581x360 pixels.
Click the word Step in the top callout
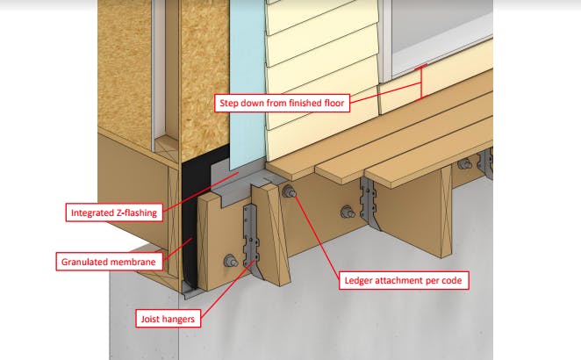click(x=229, y=103)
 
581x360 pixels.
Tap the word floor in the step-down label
click(x=334, y=103)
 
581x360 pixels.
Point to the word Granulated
click(x=83, y=262)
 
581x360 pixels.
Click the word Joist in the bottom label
click(x=150, y=319)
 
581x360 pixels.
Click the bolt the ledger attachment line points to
click(x=289, y=191)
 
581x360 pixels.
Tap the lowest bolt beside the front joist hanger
click(x=231, y=261)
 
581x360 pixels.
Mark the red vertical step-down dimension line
click(x=421, y=83)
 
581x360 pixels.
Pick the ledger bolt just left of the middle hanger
click(x=348, y=212)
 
